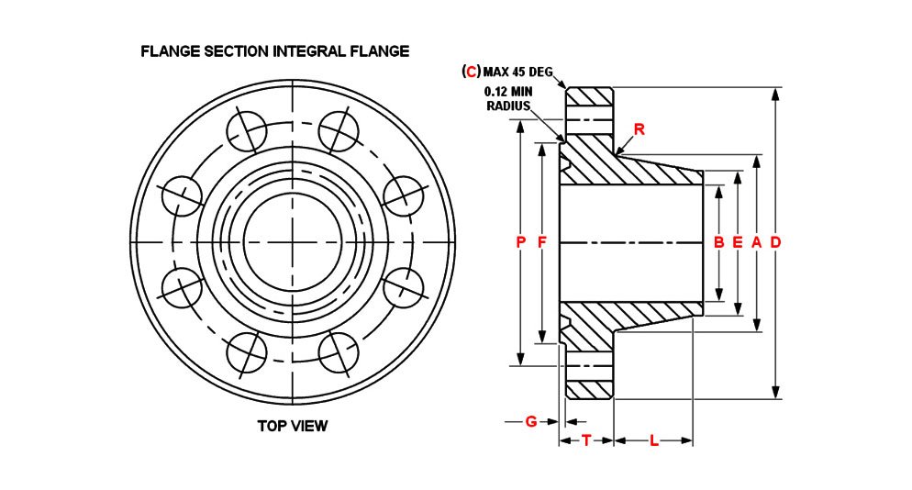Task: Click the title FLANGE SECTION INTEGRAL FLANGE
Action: point(274,51)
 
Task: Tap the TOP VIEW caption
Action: point(292,426)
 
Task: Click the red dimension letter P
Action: point(520,242)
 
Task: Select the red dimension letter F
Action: point(541,242)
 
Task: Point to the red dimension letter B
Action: point(718,242)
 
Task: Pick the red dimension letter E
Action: point(737,242)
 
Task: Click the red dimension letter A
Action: point(756,242)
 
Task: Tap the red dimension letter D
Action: point(775,242)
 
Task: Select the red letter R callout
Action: point(640,129)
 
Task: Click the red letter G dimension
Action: point(530,421)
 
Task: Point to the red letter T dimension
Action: point(585,440)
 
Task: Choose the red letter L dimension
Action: point(653,440)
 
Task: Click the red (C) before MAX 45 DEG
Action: point(472,72)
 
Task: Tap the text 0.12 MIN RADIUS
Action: point(509,98)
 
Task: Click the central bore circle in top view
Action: point(292,242)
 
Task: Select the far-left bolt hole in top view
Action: point(181,195)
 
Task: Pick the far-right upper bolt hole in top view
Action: point(402,195)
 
